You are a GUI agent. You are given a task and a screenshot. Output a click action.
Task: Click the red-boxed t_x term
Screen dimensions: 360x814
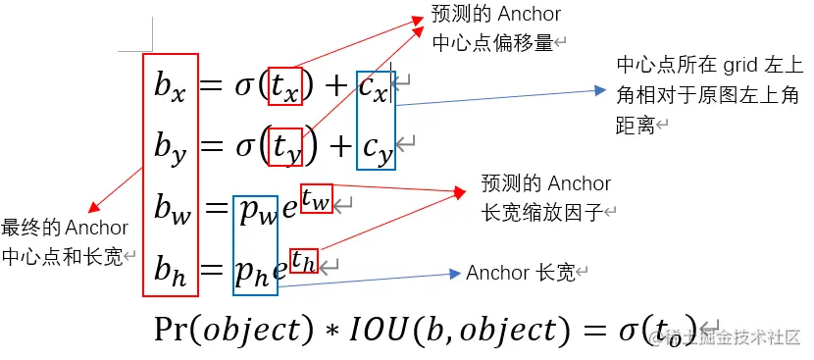(x=284, y=87)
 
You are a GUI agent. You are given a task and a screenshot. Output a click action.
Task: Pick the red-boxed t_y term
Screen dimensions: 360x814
(x=284, y=147)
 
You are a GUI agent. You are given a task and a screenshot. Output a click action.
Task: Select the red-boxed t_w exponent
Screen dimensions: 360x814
(x=316, y=198)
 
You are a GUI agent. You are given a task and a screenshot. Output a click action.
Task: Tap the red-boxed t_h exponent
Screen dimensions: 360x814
(x=305, y=260)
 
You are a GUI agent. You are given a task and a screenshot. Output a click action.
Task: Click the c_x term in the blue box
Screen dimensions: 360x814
(x=375, y=88)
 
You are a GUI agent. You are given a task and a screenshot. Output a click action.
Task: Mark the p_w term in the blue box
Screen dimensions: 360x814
(x=256, y=209)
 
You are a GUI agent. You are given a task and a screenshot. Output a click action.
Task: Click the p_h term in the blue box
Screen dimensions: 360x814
(x=254, y=270)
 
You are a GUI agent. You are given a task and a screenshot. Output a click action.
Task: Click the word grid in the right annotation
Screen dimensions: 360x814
(x=741, y=66)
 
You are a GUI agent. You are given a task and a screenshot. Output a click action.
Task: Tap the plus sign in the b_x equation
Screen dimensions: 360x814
(x=335, y=88)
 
